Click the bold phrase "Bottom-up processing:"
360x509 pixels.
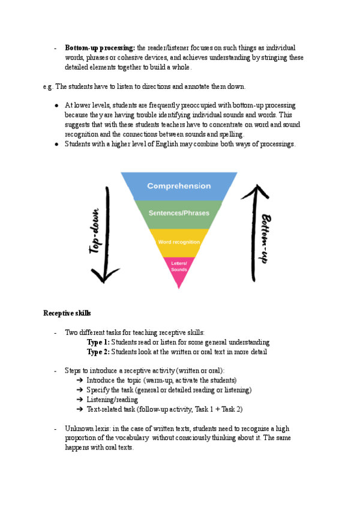coord(100,47)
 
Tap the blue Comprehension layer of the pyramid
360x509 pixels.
coord(179,186)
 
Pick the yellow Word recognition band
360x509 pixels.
coord(179,242)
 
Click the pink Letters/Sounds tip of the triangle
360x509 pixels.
coord(179,267)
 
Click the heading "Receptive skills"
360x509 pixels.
coord(67,313)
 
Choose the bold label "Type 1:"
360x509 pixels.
coord(98,342)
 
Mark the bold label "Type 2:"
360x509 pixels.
coord(98,352)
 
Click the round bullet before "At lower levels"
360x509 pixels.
coord(56,105)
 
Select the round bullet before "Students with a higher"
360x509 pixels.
coord(56,144)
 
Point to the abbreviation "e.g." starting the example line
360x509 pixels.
coord(48,86)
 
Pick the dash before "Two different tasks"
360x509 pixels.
coord(55,333)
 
